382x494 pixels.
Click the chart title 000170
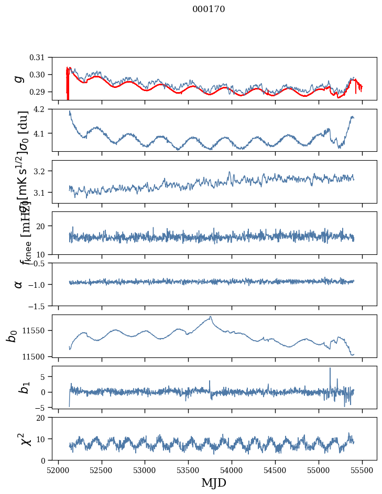click(209, 9)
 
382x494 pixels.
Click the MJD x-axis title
click(214, 482)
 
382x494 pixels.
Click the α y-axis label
click(19, 284)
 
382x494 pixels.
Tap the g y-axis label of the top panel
click(19, 77)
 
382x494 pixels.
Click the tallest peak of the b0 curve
click(211, 317)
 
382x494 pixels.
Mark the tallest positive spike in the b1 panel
click(330, 368)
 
